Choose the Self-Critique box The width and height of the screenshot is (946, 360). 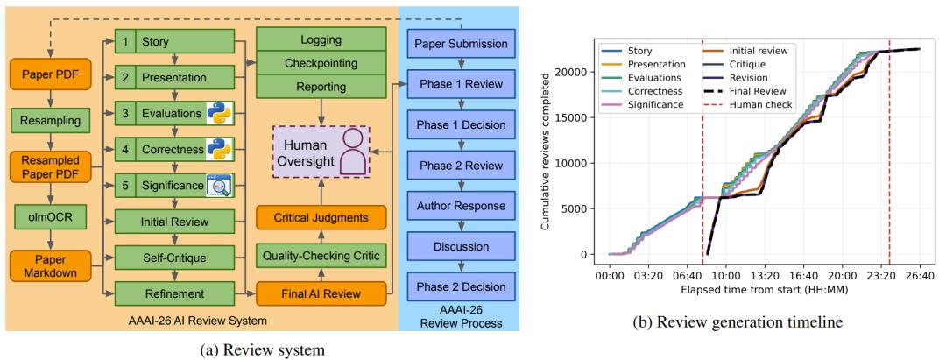(175, 258)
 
